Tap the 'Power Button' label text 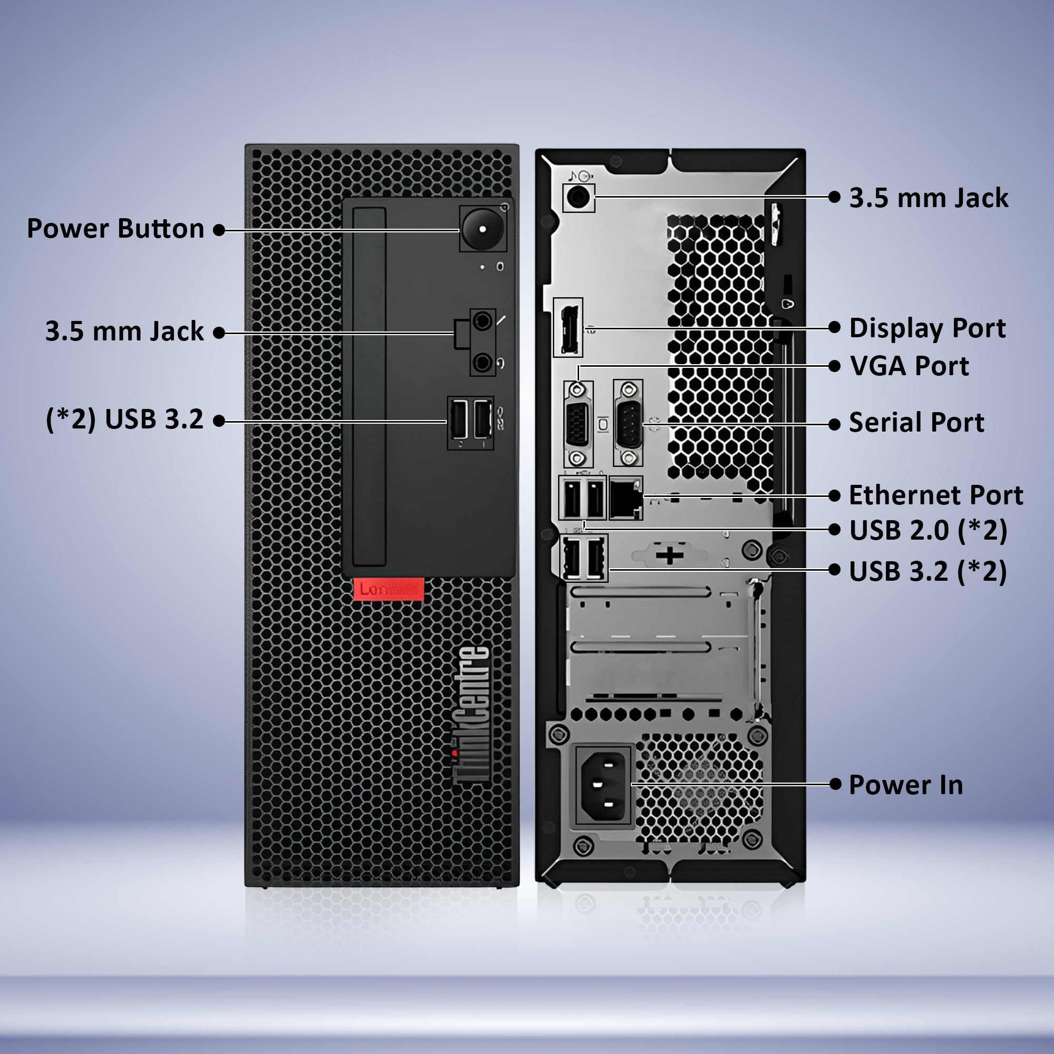coord(115,229)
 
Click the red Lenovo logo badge coord(388,589)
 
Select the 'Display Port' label coord(927,328)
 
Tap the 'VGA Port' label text coord(909,366)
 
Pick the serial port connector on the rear coord(628,423)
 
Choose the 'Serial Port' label coord(916,422)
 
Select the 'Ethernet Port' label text coord(935,495)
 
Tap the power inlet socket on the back coord(603,785)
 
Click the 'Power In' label coord(905,785)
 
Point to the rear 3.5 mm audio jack coord(578,197)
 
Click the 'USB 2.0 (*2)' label coord(928,530)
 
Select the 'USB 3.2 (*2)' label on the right coord(928,571)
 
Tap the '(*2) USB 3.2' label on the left coord(124,419)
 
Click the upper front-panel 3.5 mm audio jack coord(482,321)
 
